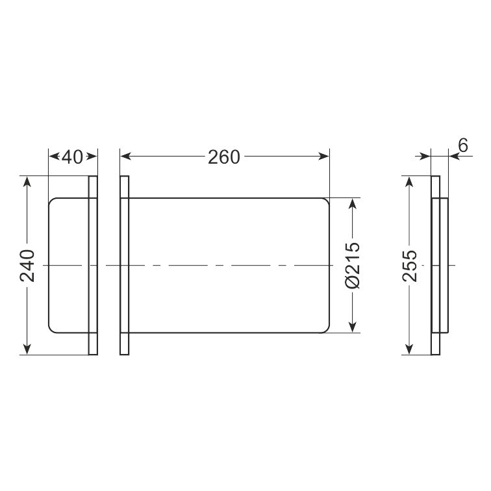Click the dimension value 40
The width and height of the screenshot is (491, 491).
(x=72, y=157)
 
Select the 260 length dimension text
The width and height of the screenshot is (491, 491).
(x=224, y=157)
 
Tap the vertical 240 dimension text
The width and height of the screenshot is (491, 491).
(x=27, y=266)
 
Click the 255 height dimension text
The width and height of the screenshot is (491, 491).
(x=410, y=266)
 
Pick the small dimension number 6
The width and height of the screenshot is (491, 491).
(x=462, y=145)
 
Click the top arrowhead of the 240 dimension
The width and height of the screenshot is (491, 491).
(x=27, y=182)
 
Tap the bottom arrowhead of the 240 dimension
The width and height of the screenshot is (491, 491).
(x=27, y=349)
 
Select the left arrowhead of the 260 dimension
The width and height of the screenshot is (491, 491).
(x=125, y=156)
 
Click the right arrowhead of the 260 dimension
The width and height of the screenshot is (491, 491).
(x=324, y=156)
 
